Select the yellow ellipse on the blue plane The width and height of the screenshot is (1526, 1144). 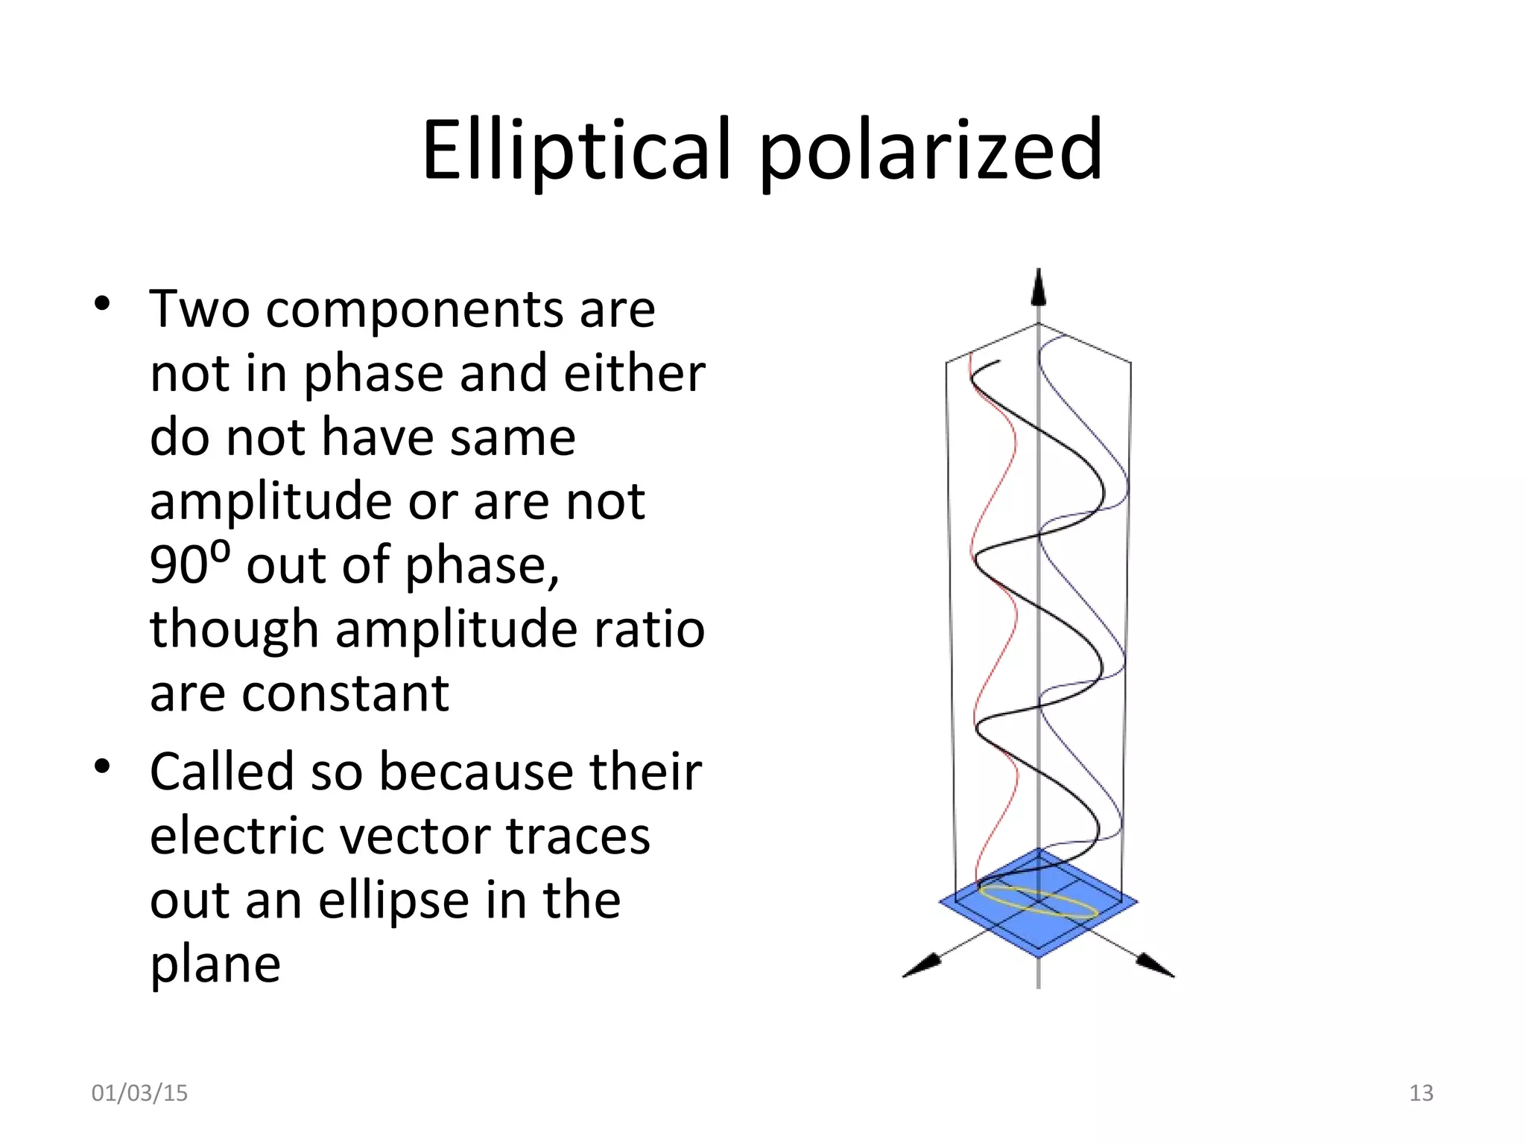pos(1039,900)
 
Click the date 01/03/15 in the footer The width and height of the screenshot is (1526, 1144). pos(139,1093)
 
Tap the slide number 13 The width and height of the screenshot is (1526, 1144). pos(1421,1093)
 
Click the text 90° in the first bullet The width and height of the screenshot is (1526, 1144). pos(189,565)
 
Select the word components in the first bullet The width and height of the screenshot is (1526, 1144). pos(414,309)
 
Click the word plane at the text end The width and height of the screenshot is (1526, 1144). pos(215,965)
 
